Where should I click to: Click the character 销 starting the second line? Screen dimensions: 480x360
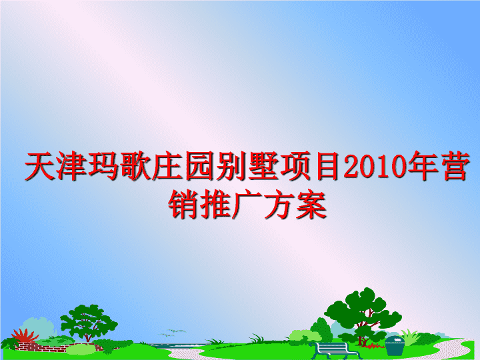tap(183, 204)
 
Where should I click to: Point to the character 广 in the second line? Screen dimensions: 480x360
tap(247, 204)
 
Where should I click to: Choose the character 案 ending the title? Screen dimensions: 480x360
tap(311, 204)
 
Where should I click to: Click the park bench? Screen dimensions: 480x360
tap(335, 350)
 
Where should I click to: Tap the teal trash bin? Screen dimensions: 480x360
tap(395, 345)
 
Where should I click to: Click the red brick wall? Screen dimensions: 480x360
tap(58, 347)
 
